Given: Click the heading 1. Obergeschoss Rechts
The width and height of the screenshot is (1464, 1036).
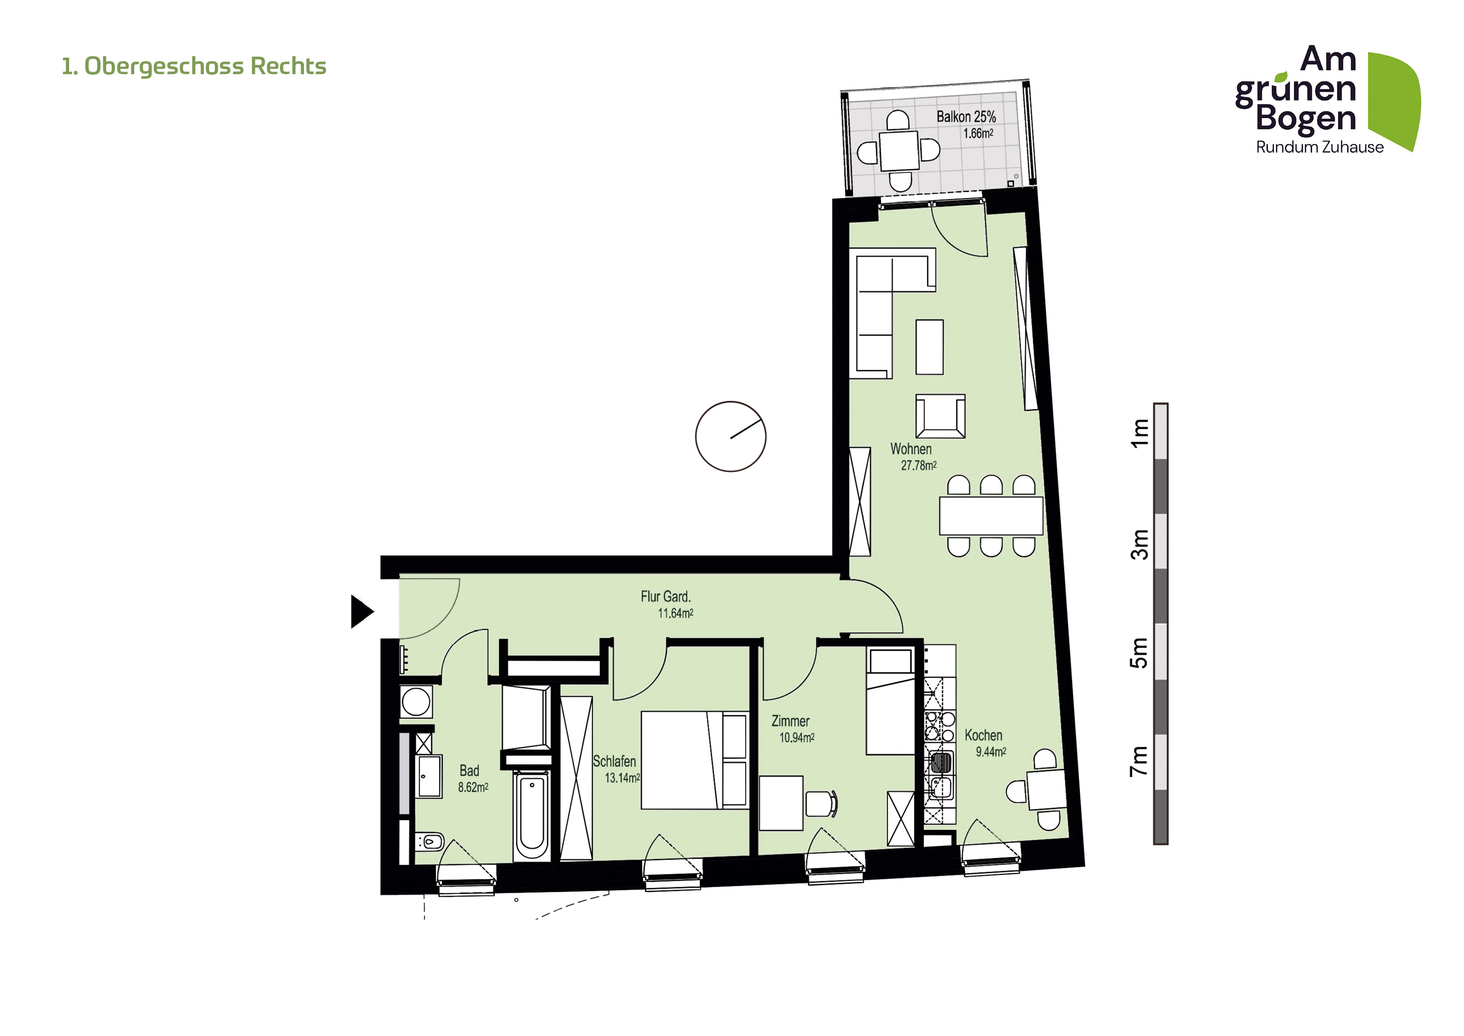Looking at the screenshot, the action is pyautogui.click(x=194, y=66).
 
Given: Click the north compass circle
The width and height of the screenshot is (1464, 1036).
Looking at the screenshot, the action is pyautogui.click(x=731, y=437).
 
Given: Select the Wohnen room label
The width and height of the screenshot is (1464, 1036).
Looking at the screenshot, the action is pyautogui.click(x=911, y=449).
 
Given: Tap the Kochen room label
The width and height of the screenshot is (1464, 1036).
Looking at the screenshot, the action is pyautogui.click(x=983, y=736).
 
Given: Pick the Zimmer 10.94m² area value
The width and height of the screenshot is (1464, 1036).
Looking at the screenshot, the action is pyautogui.click(x=797, y=737).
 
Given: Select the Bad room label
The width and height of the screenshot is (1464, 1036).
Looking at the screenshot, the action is pyautogui.click(x=469, y=771).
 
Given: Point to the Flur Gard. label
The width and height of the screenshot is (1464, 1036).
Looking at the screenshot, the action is pyautogui.click(x=666, y=596).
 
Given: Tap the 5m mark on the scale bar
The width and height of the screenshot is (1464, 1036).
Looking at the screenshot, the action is pyautogui.click(x=1139, y=652).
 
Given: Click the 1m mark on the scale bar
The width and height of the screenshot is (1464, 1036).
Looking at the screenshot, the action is pyautogui.click(x=1139, y=433).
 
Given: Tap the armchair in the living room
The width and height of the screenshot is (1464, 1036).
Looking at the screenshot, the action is pyautogui.click(x=941, y=416).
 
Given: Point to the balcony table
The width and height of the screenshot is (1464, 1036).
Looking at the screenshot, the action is pyautogui.click(x=900, y=150).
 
